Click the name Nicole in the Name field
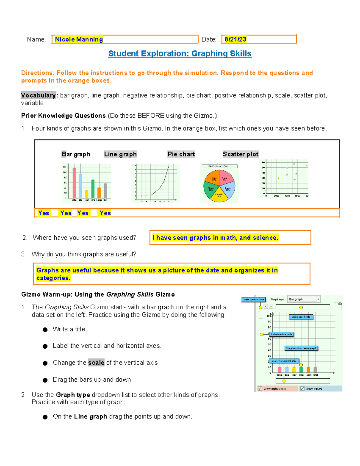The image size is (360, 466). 65,39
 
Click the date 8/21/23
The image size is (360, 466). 235,39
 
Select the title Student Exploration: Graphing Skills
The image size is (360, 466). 180,53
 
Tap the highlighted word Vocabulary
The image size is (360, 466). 38,95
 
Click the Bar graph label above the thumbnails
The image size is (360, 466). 76,154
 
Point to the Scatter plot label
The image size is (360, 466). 240,154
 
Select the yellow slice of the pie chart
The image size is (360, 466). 219,194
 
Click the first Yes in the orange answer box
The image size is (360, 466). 43,213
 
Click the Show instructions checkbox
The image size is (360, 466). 260,388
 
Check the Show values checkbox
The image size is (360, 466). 302,388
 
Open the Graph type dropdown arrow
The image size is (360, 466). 318,299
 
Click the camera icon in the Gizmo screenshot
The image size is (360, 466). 340,304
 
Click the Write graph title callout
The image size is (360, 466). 301,317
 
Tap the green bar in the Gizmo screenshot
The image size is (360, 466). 301,370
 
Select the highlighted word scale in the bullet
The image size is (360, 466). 96,362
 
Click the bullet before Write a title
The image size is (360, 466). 45,330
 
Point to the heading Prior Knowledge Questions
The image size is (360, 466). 63,116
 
